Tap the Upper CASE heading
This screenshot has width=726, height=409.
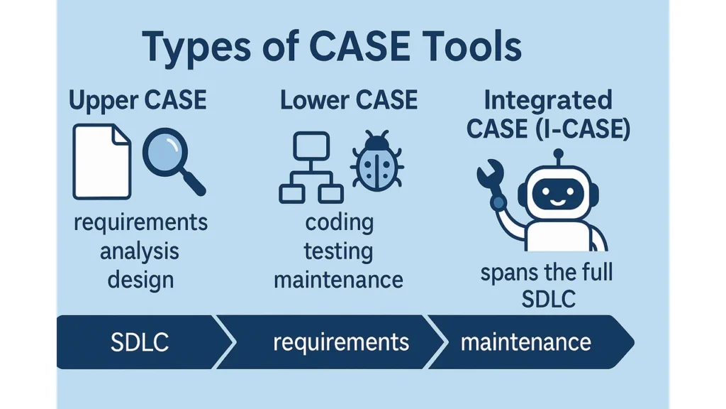138,100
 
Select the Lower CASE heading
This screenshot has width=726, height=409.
349,100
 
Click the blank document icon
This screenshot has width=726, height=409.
102,162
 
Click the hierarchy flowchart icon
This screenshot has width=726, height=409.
311,168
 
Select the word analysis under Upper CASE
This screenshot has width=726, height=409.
140,251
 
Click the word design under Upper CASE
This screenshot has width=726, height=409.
140,279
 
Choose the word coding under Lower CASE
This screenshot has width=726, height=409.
339,223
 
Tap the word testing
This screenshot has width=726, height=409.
338,251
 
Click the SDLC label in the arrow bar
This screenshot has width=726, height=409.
140,342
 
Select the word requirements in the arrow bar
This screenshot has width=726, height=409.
341,342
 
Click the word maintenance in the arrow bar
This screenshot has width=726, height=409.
525,342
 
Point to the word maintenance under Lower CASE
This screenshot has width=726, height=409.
338,279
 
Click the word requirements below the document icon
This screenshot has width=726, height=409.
140,223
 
